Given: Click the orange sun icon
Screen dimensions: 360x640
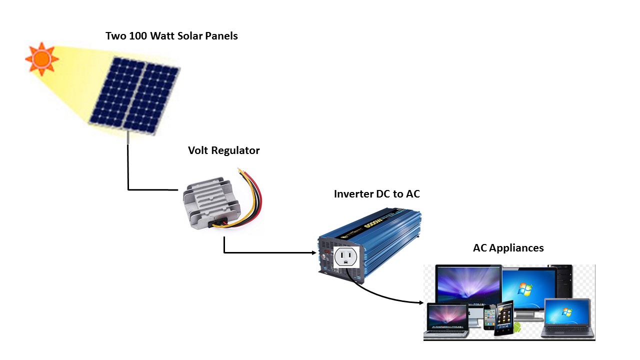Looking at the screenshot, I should (x=41, y=59).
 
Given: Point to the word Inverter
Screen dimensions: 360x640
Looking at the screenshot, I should (x=354, y=194).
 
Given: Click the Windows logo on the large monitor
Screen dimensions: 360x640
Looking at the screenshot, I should (x=524, y=289).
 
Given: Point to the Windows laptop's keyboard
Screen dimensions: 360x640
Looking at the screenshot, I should (x=566, y=330).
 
